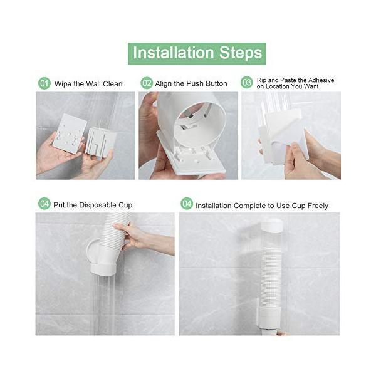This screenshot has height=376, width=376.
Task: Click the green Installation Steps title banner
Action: [x=197, y=53]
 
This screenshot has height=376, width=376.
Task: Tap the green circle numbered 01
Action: [x=44, y=83]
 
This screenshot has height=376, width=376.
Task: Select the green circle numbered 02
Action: [x=147, y=83]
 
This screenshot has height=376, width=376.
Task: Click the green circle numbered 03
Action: [x=247, y=83]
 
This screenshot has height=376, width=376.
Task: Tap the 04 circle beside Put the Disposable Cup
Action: [x=44, y=204]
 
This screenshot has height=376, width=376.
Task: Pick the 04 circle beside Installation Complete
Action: [x=187, y=204]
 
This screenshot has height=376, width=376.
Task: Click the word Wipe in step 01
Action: [x=63, y=84]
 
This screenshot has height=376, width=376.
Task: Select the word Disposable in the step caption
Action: [x=98, y=206]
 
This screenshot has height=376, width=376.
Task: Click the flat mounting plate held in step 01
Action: [x=70, y=134]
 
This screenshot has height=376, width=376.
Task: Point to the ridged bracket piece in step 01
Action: [x=100, y=144]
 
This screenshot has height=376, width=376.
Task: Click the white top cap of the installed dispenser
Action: [x=272, y=226]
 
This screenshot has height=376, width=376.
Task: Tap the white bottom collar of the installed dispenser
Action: [x=269, y=316]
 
